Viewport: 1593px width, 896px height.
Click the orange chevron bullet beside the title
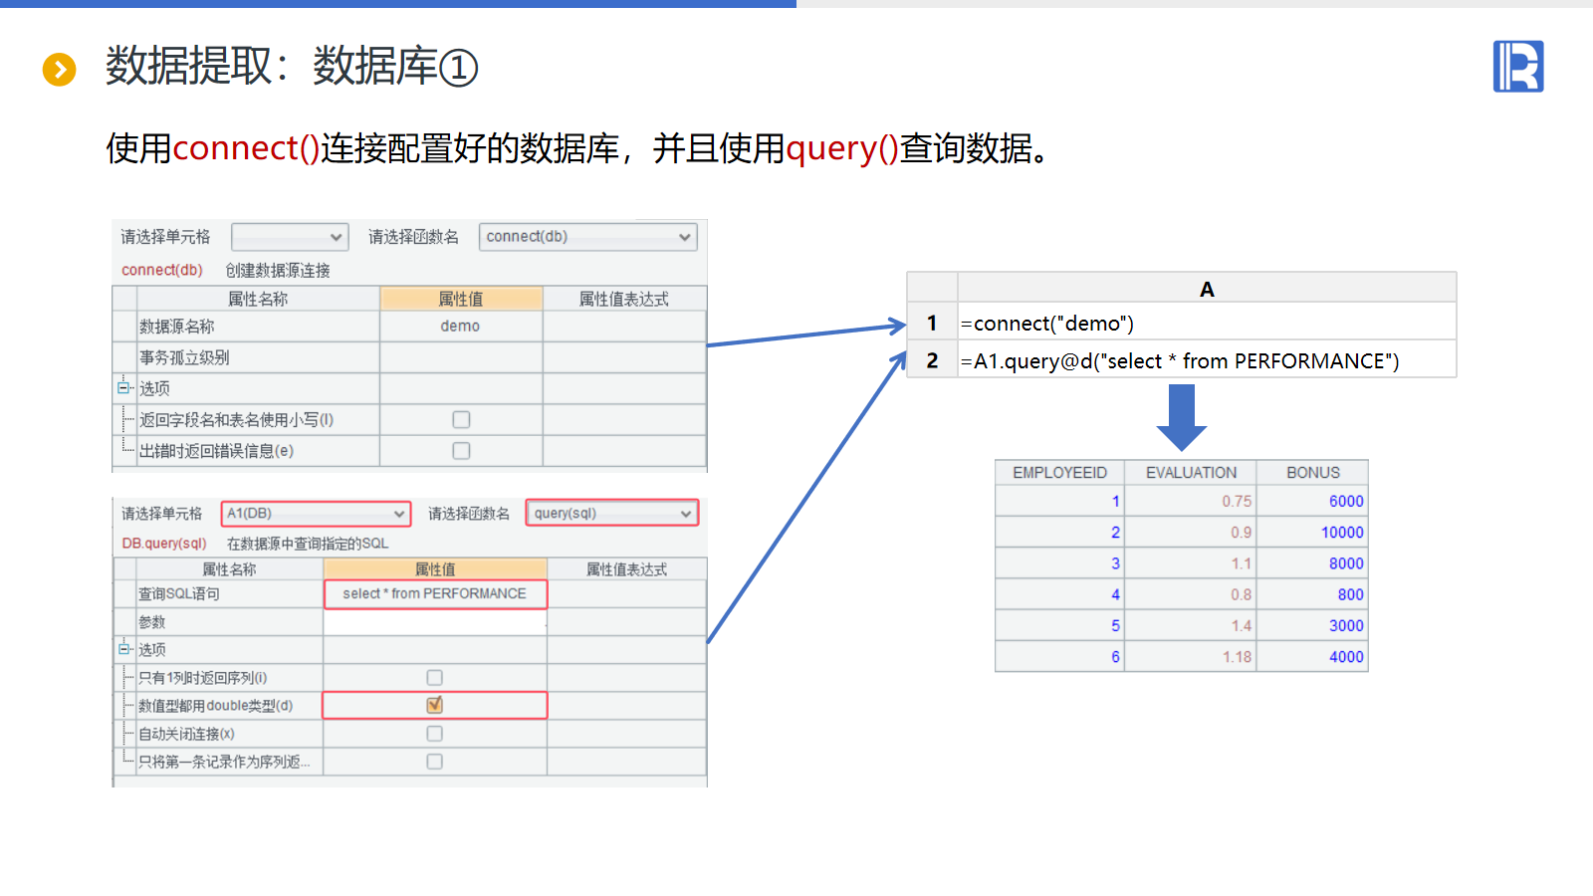59,69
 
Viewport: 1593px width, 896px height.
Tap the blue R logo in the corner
1517,67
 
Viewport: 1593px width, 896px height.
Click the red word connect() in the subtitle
246,148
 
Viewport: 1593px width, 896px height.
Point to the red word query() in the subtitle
842,148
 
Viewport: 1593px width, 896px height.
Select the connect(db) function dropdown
587,237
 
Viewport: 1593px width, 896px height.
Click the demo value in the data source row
460,327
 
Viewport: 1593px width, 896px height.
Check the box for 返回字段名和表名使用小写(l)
461,420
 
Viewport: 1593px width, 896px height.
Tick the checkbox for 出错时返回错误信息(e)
461,451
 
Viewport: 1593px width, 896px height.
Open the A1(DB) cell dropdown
316,514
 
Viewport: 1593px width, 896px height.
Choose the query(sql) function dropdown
611,514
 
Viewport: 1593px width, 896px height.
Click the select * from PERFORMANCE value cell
434,594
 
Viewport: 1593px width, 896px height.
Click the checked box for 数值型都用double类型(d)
434,706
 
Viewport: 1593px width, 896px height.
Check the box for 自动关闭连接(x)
434,734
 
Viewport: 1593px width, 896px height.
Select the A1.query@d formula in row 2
1180,361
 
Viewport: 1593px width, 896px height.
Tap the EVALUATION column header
1191,473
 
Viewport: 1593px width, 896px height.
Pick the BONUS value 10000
1341,533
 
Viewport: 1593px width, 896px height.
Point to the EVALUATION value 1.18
1237,657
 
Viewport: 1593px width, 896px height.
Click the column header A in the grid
1207,289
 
